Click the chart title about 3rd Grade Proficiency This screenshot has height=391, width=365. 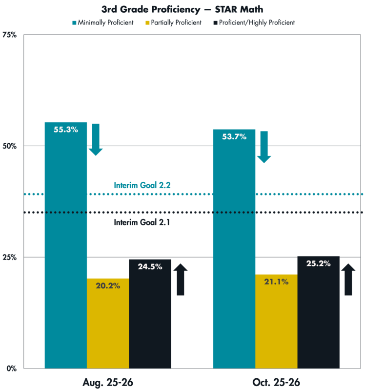point(183,9)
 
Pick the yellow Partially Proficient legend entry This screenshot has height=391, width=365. point(173,22)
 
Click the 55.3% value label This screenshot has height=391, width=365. point(66,130)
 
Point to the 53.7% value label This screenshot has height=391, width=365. point(234,137)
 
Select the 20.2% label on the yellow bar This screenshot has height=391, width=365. point(108,286)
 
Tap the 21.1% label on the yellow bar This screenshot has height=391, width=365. point(276,282)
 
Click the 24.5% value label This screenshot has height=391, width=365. point(150,266)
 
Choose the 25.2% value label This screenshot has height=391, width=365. point(318,263)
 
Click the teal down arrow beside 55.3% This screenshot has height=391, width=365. point(96,140)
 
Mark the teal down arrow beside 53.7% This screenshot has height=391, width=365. point(264,147)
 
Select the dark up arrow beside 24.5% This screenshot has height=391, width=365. point(180,279)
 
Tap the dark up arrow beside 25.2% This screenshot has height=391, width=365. point(348,279)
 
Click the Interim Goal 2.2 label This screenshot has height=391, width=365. point(142,185)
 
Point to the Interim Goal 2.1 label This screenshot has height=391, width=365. point(142,222)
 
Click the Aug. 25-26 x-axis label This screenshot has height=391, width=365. point(108,381)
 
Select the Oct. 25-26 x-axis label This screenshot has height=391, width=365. point(276,381)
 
